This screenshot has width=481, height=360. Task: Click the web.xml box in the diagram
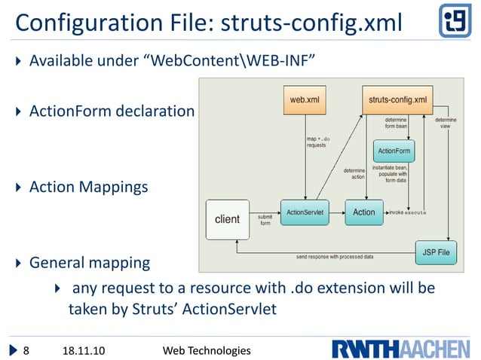[x=305, y=99]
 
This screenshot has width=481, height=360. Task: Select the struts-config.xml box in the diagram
[x=397, y=99]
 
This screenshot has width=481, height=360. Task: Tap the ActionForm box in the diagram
[x=393, y=151]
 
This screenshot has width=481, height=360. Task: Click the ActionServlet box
[x=305, y=212]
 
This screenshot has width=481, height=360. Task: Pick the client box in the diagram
[x=227, y=219]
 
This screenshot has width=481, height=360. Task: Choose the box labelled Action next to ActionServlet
[x=364, y=212]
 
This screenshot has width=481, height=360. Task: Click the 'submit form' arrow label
[x=265, y=220]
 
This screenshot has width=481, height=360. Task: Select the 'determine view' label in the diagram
[x=446, y=122]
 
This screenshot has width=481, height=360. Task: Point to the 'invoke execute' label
[x=407, y=212]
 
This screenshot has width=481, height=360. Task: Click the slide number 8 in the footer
[x=26, y=350]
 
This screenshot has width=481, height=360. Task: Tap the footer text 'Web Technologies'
[x=207, y=350]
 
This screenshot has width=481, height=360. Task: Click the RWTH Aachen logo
[x=399, y=349]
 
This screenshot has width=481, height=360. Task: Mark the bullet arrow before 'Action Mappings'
[x=20, y=188]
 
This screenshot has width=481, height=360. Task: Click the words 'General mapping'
[x=89, y=264]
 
